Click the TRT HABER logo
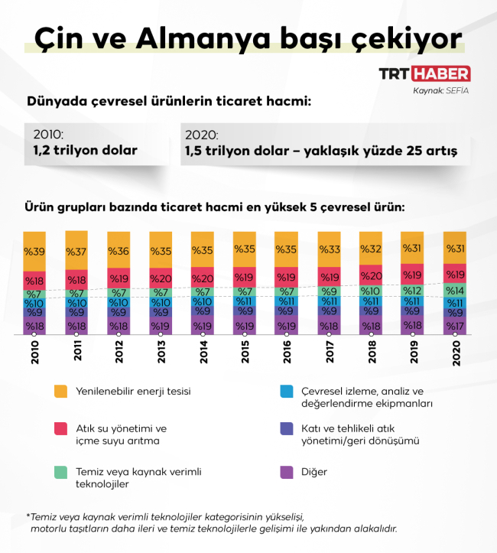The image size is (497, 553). [x=424, y=74]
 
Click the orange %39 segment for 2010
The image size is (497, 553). [x=34, y=251]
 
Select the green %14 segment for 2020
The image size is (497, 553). [x=454, y=291]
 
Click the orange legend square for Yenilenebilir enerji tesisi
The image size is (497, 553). [x=61, y=391]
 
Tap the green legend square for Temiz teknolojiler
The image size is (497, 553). [x=61, y=472]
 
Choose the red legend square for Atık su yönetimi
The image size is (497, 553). [x=61, y=429]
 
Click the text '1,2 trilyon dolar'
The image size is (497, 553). [x=85, y=151]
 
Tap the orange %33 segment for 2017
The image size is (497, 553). [x=329, y=249]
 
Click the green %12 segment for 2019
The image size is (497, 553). [x=412, y=291]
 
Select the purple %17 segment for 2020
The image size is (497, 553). [x=454, y=326]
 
